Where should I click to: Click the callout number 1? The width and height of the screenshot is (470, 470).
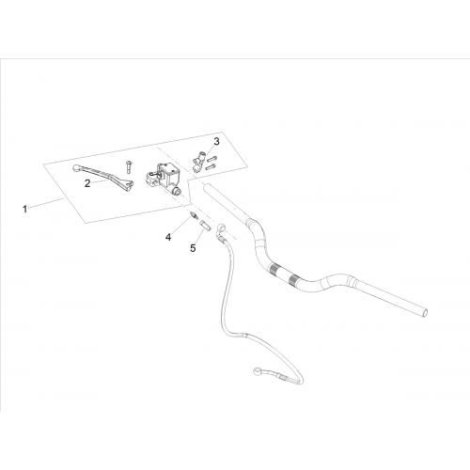click(x=24, y=209)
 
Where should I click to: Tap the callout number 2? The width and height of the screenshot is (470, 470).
click(x=87, y=183)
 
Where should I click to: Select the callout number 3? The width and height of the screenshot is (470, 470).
click(x=216, y=142)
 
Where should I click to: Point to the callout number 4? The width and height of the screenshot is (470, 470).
click(x=168, y=237)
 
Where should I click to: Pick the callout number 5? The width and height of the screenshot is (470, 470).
click(x=193, y=248)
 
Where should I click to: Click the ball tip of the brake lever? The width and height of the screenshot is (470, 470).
click(x=75, y=168)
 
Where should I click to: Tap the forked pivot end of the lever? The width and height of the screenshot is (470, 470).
click(x=129, y=185)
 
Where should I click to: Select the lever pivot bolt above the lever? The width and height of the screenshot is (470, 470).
click(x=129, y=166)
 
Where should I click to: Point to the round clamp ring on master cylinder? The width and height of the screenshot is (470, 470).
click(x=151, y=179)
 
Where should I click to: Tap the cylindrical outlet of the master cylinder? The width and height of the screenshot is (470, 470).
click(x=176, y=190)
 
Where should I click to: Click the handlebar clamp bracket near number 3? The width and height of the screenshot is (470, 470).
click(x=198, y=161)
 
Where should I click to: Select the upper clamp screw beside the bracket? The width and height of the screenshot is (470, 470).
click(x=212, y=159)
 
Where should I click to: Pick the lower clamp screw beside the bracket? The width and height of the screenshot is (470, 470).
click(x=211, y=167)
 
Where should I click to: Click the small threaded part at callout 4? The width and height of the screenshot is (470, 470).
click(x=195, y=216)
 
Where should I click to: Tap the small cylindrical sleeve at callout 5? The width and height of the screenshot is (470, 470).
click(x=205, y=225)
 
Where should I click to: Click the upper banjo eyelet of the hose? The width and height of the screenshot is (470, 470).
click(x=221, y=227)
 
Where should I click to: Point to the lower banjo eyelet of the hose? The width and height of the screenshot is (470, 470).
click(x=258, y=371)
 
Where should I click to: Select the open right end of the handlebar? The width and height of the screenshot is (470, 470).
click(x=424, y=312)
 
